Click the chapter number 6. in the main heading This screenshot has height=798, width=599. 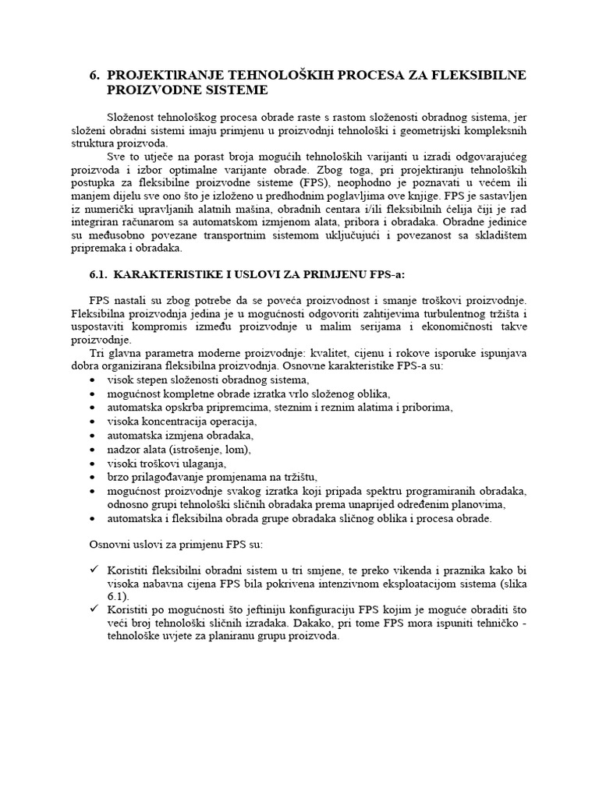(95, 75)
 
